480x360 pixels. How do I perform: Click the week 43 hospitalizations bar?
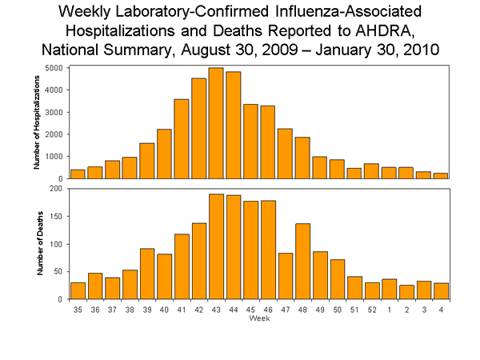[x=215, y=123]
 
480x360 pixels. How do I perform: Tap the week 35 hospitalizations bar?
[x=78, y=174]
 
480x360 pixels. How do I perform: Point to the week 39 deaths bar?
[x=146, y=274]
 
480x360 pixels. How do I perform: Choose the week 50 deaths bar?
[x=336, y=279]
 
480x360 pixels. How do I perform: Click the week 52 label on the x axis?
[x=370, y=309]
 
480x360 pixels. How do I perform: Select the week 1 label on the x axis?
[x=388, y=309]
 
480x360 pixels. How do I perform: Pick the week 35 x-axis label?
[x=78, y=309]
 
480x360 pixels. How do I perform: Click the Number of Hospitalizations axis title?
[x=36, y=123]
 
